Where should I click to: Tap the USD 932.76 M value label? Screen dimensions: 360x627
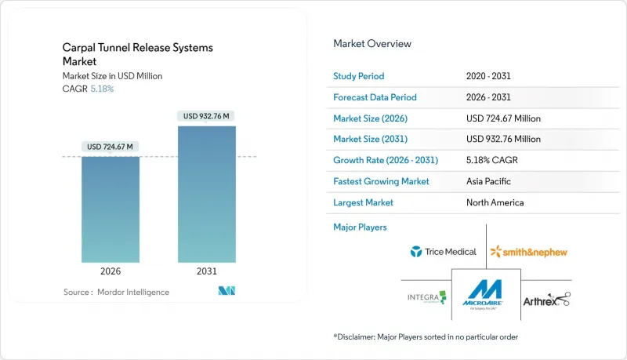tap(207, 116)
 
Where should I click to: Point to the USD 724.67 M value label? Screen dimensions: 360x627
tap(111, 147)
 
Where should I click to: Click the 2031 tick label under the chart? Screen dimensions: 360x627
tap(207, 272)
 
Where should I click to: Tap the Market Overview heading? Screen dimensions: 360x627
tap(372, 44)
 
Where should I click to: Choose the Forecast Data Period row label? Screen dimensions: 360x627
tap(375, 97)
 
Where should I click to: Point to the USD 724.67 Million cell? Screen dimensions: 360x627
tap(502, 118)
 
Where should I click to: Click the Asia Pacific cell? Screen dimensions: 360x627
tap(488, 181)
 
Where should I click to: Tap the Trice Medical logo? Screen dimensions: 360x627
tap(443, 252)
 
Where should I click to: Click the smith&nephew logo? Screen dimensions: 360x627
tap(528, 252)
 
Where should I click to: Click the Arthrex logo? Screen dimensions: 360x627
tap(547, 299)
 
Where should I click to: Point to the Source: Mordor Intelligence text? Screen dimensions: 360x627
tap(116, 293)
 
